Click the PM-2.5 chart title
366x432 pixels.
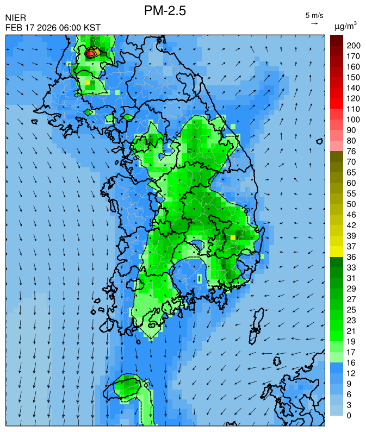coord(165,11)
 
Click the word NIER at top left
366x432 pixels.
coord(15,18)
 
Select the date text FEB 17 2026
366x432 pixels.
coord(32,28)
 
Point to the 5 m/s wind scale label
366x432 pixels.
coord(314,15)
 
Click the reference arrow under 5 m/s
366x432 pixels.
coord(314,23)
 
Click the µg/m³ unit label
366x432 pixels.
coord(345,26)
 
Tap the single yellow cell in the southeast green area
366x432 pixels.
coord(233,237)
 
